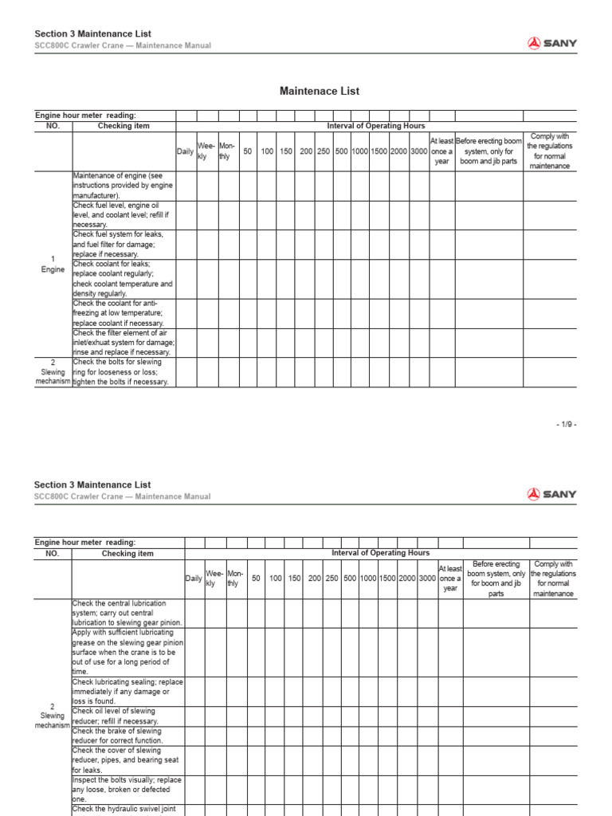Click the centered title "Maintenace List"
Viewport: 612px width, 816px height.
(319, 91)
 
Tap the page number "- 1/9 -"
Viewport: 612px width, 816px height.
(566, 425)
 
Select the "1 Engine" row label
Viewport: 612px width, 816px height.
(53, 265)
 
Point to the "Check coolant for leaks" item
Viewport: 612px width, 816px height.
(123, 279)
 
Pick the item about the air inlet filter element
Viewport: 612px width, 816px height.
(124, 343)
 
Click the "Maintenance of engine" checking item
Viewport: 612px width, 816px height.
(123, 186)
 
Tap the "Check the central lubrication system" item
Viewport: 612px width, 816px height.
(127, 613)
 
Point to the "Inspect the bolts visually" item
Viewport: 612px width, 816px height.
(127, 790)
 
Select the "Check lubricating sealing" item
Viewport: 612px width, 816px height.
(127, 691)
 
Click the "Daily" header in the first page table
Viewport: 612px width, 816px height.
(185, 151)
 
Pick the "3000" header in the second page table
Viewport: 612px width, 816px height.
(427, 579)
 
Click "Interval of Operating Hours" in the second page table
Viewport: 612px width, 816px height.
(380, 552)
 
